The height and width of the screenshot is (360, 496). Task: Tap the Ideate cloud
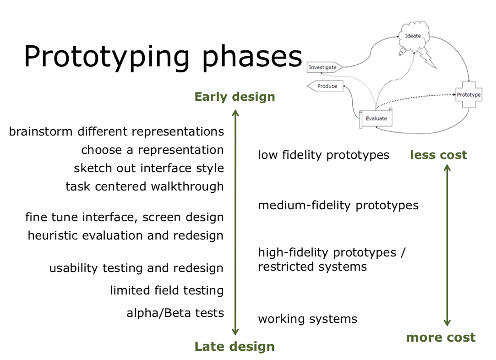tap(413, 37)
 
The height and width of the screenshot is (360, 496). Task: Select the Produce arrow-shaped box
tap(326, 86)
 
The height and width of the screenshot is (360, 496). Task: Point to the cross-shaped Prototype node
tap(469, 95)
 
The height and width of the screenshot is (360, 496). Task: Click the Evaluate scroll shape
tap(376, 119)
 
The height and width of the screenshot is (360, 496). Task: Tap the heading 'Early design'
tap(234, 97)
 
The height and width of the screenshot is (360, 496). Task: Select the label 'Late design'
tap(234, 347)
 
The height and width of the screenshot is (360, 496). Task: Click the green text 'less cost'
tap(438, 155)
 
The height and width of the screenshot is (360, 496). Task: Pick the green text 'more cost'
tap(441, 338)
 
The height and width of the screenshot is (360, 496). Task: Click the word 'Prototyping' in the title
tap(106, 57)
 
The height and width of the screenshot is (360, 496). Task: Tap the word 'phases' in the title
tap(252, 57)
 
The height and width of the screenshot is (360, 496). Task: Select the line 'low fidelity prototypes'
tap(323, 155)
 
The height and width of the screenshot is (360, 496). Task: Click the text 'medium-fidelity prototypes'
tap(338, 205)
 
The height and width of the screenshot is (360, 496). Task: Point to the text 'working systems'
tap(307, 319)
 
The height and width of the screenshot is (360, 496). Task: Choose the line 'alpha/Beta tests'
tap(175, 313)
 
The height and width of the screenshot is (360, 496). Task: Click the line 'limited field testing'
tap(167, 290)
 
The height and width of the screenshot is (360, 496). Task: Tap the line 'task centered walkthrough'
tap(145, 186)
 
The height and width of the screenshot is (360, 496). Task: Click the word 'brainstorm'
tap(41, 131)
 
